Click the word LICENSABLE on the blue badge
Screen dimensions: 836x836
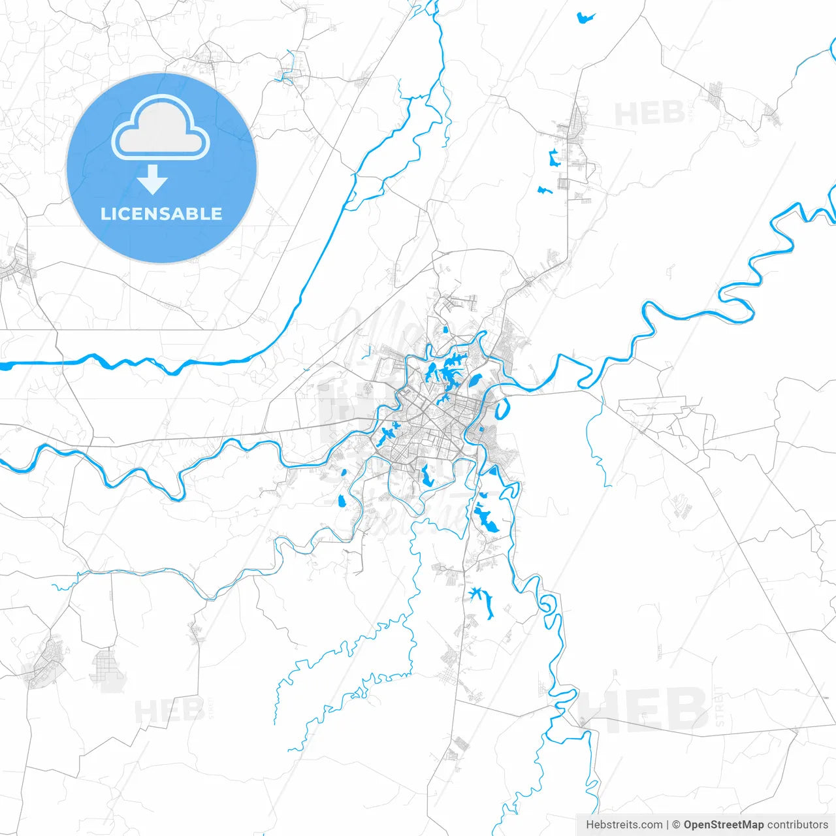pos(161,214)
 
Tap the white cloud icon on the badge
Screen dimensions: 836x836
pos(161,129)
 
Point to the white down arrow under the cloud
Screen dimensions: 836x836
pos(153,180)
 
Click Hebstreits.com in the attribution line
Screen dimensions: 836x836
pos(624,825)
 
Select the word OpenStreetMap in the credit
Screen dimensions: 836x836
pos(723,825)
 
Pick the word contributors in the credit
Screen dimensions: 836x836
pos(797,825)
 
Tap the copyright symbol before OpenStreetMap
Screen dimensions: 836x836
pos(676,825)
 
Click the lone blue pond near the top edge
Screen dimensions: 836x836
pos(585,18)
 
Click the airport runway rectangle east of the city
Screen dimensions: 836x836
pos(652,404)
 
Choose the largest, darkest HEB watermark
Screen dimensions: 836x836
pos(643,709)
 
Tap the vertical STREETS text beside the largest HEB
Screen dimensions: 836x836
pos(720,707)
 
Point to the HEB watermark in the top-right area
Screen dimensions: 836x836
pos(650,114)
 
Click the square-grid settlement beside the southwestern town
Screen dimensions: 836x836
pos(108,669)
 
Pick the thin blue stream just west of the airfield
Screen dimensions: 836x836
pos(597,444)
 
